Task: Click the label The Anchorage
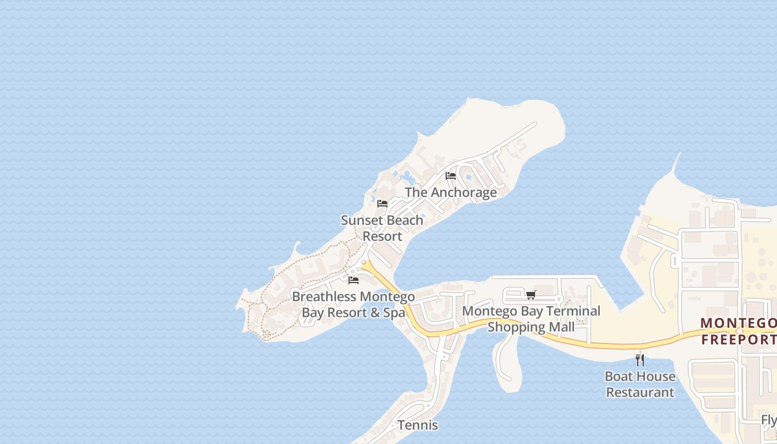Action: [451, 193]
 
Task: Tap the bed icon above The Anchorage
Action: [451, 176]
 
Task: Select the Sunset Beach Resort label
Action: [382, 228]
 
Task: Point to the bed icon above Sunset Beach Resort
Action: [382, 204]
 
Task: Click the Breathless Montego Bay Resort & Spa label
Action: [354, 305]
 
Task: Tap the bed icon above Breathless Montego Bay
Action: [354, 280]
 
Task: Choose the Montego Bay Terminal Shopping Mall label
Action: [531, 319]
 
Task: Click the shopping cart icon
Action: [531, 295]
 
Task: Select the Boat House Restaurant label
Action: [640, 384]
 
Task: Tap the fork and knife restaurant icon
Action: [640, 360]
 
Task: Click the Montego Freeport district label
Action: [739, 331]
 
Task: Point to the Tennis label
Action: [417, 426]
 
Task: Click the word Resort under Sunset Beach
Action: [382, 236]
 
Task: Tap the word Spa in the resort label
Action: [395, 313]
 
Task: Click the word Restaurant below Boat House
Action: [640, 392]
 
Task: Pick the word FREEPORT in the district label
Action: [739, 339]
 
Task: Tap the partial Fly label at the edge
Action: [769, 420]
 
